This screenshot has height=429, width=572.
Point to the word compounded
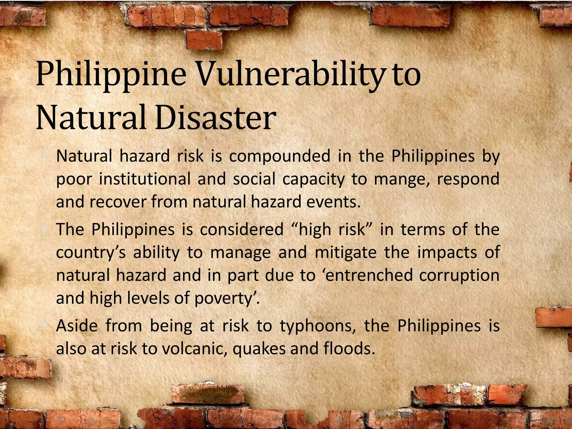point(280,156)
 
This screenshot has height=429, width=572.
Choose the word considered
point(242,230)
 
